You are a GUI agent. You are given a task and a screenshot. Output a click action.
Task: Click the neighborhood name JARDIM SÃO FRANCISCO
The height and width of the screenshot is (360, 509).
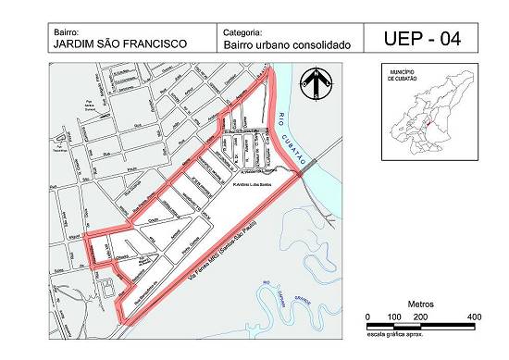pyautogui.click(x=119, y=43)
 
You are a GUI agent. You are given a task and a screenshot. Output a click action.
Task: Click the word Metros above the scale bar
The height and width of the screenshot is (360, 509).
pyautogui.click(x=422, y=304)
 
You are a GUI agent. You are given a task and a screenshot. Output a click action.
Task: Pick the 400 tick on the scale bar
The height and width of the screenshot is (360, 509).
pyautogui.click(x=475, y=317)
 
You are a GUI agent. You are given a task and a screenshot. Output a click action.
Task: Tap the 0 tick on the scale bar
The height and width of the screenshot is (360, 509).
pyautogui.click(x=368, y=317)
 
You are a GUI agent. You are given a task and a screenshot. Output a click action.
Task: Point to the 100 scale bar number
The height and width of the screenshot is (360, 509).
pyautogui.click(x=394, y=317)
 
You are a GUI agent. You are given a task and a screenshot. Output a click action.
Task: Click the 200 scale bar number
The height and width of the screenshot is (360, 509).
pyautogui.click(x=421, y=317)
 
